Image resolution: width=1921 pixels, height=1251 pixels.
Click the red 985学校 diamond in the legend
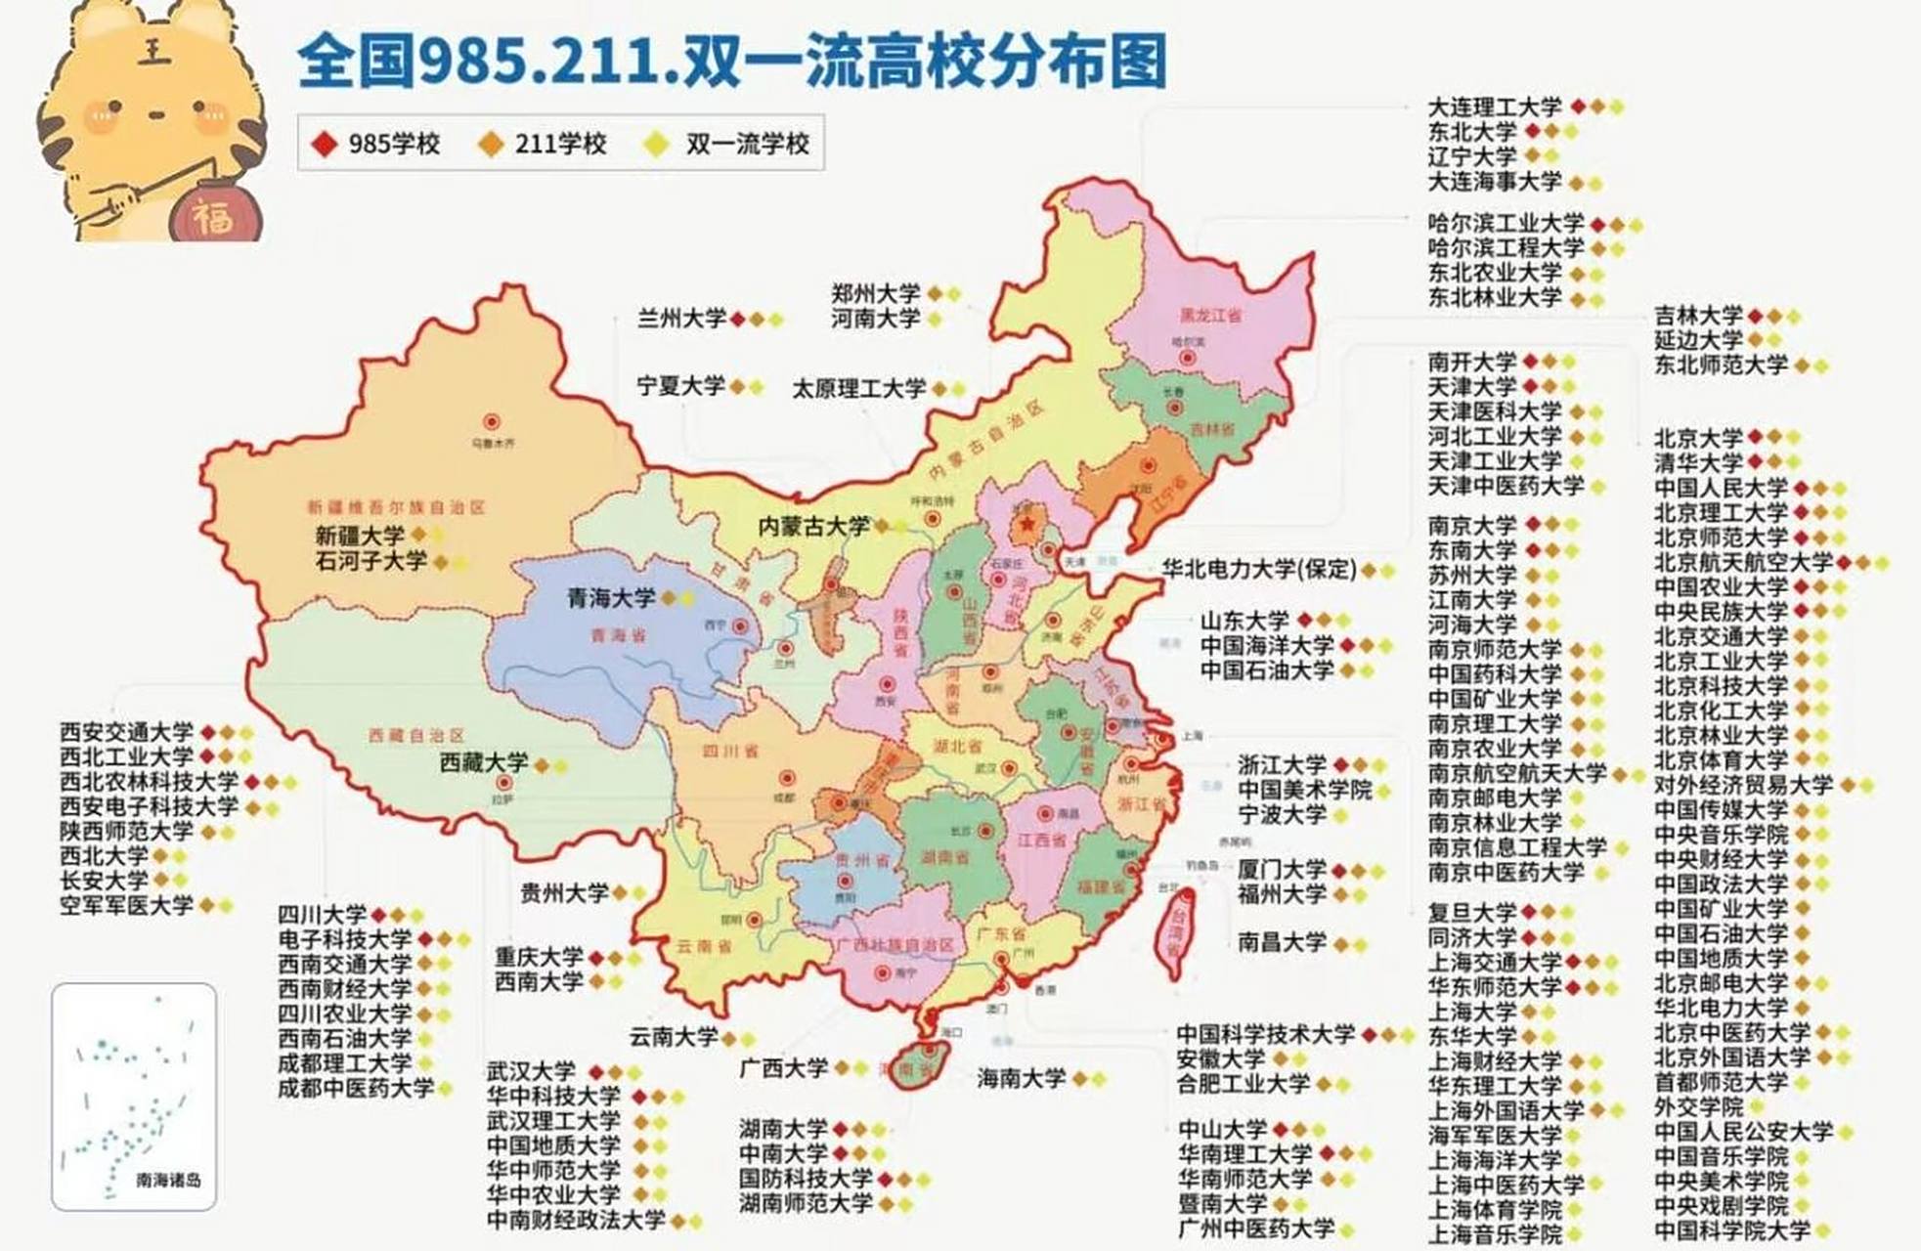tap(325, 144)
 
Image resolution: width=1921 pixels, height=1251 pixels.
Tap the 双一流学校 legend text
tap(747, 144)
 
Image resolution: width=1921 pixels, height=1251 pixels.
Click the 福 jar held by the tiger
tap(213, 214)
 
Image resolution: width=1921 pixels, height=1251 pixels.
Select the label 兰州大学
tap(681, 319)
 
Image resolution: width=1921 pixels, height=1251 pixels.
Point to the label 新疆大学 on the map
tap(359, 536)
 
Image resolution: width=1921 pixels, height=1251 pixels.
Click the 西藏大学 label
tap(483, 763)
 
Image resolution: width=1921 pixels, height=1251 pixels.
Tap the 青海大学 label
tap(611, 597)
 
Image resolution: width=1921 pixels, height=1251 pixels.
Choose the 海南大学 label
tap(1021, 1078)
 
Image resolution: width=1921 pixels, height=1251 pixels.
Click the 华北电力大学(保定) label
tap(1258, 569)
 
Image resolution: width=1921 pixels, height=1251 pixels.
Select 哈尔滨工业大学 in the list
tap(1506, 224)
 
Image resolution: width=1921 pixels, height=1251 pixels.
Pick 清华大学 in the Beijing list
tap(1698, 462)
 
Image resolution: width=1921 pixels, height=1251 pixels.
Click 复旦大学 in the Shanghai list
tap(1472, 913)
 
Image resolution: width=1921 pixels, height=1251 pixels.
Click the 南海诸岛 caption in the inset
tap(168, 1180)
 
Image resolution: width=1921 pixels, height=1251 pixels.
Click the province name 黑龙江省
tap(1210, 316)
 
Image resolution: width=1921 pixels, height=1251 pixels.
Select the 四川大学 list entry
tap(322, 915)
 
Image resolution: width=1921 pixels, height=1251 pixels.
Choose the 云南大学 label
tap(674, 1037)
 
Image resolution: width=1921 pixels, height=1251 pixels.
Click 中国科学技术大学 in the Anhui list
tap(1265, 1034)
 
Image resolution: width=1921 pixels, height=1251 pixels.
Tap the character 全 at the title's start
tap(325, 62)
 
